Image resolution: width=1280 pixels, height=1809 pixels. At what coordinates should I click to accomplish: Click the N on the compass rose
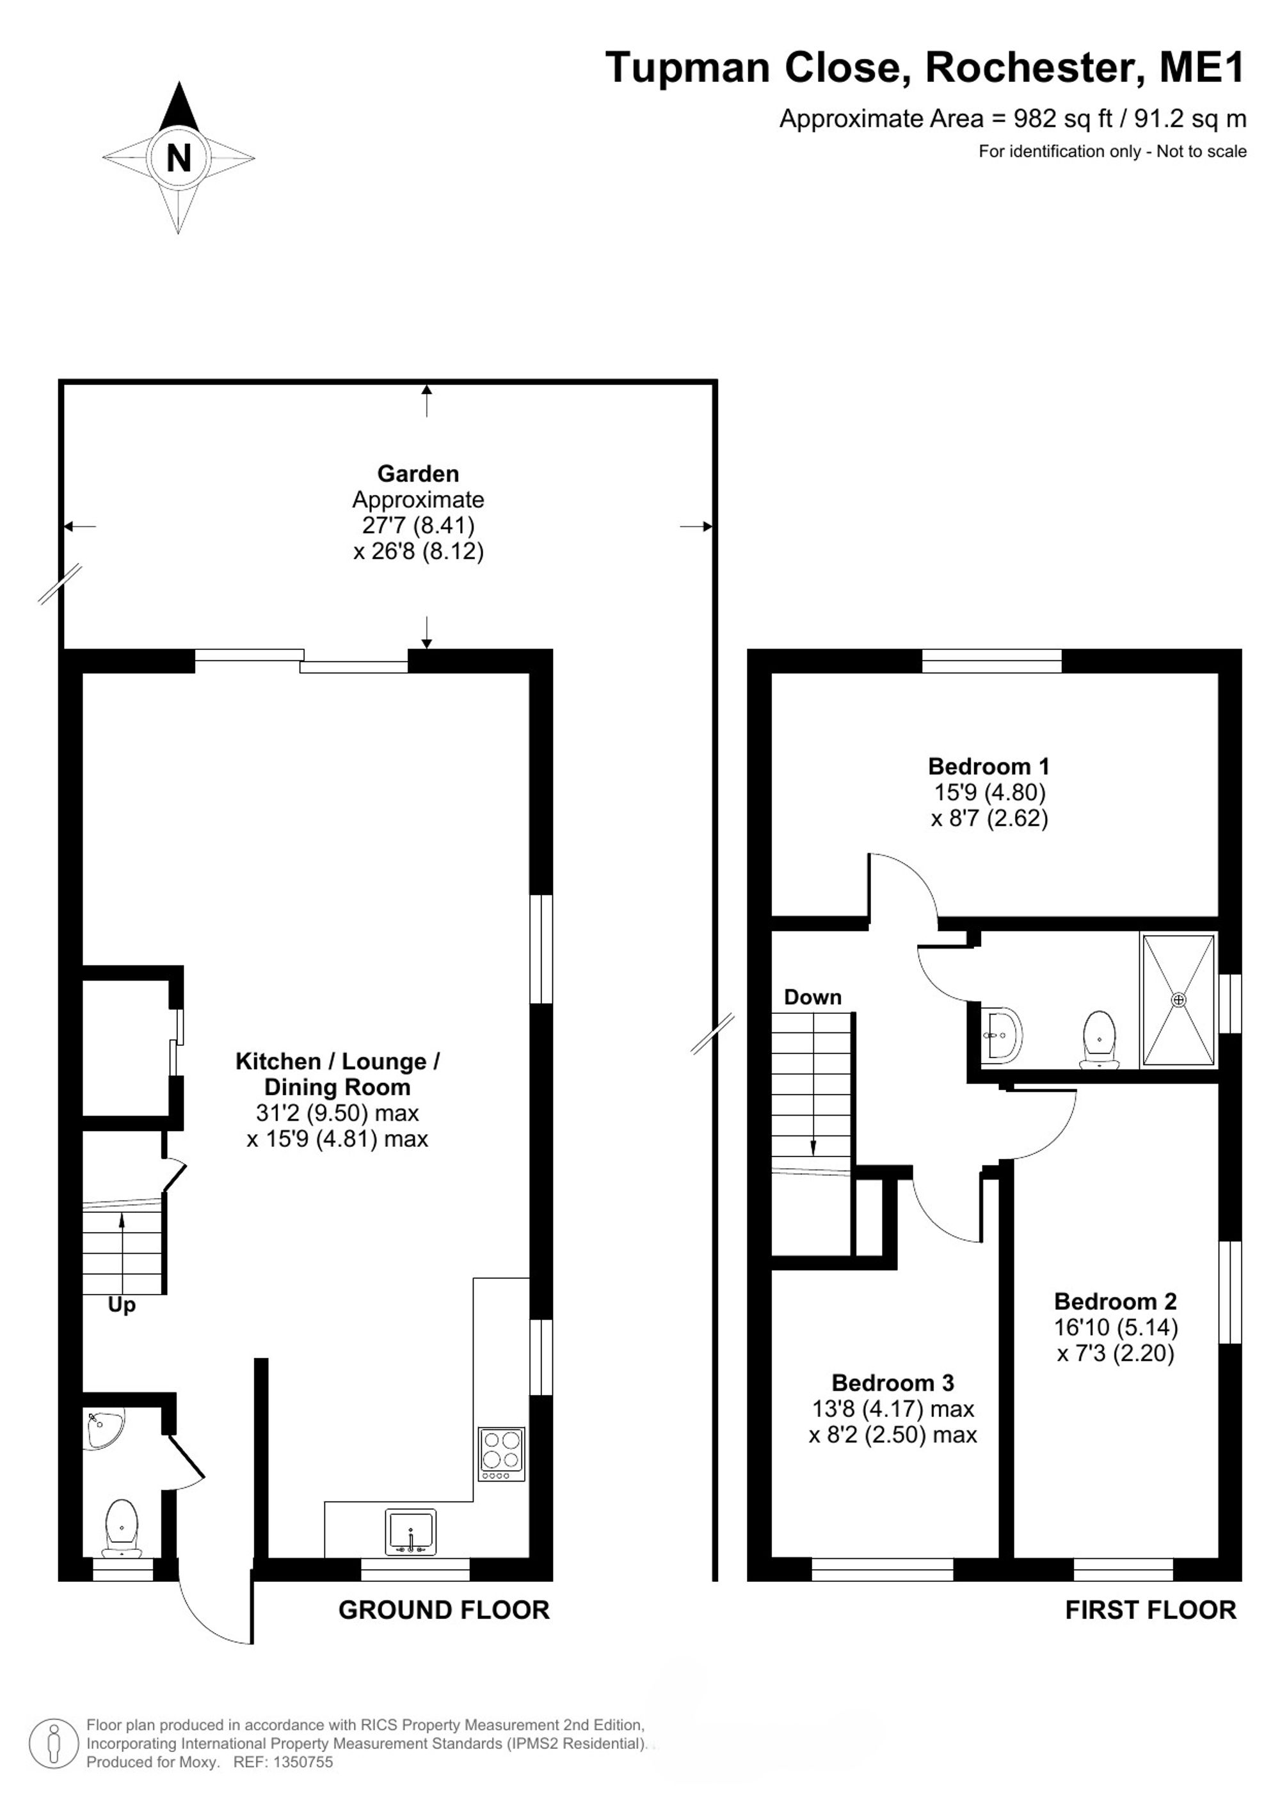(x=179, y=159)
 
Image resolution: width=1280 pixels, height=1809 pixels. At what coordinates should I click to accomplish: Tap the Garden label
(x=418, y=473)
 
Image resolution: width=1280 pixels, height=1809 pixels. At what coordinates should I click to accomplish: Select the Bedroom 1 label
(x=988, y=766)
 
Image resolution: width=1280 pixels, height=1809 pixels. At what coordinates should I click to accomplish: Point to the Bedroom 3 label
(x=893, y=1383)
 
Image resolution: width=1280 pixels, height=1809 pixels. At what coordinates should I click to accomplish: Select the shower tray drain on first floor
(x=1178, y=1000)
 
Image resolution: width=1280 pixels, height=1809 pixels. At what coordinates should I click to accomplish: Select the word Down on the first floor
(x=813, y=997)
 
